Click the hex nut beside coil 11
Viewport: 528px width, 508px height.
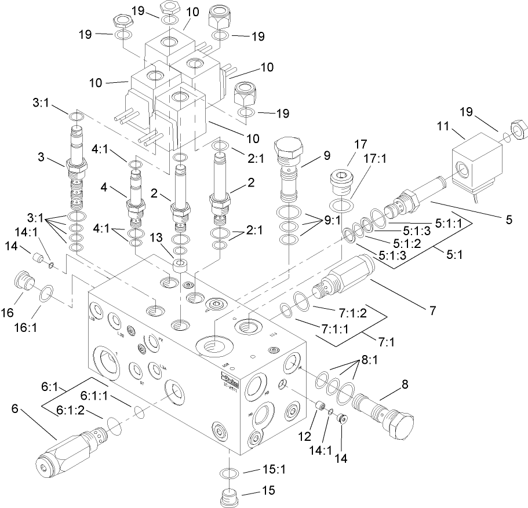tap(516, 127)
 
